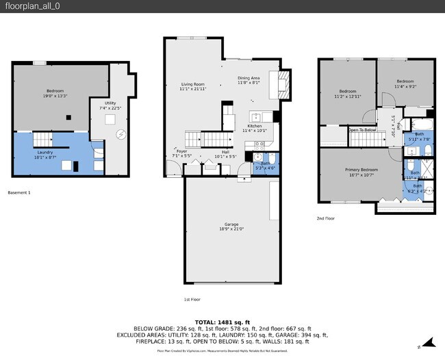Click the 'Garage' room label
pos(231,224)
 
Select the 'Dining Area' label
pos(249,79)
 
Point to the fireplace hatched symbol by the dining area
pos(282,86)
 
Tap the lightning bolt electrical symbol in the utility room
pos(120,134)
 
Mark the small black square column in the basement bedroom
pos(68,118)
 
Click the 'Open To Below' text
pos(361,129)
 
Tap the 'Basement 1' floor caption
pos(19,192)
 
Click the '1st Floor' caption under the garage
pos(192,299)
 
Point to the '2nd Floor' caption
pos(325,218)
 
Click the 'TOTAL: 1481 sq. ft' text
pos(222,322)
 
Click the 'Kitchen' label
pos(255,126)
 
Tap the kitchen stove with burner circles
pos(259,144)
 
